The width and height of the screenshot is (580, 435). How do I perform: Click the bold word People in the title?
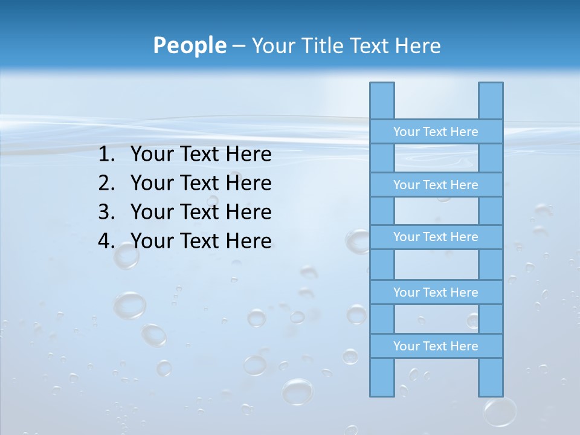pyautogui.click(x=189, y=46)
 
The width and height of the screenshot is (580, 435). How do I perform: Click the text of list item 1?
pyautogui.click(x=201, y=155)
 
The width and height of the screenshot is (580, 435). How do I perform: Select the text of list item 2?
pyautogui.click(x=201, y=183)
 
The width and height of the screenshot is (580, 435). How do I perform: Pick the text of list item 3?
pyautogui.click(x=201, y=212)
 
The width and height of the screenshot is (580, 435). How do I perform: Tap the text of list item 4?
pyautogui.click(x=201, y=241)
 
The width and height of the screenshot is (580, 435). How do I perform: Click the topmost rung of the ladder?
pyautogui.click(x=436, y=132)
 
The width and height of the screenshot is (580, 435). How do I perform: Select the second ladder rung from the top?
pyautogui.click(x=436, y=185)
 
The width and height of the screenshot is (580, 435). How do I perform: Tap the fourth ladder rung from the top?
pyautogui.click(x=436, y=292)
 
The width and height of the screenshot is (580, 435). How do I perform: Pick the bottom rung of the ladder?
pyautogui.click(x=436, y=346)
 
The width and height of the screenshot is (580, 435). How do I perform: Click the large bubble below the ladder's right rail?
pyautogui.click(x=500, y=413)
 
